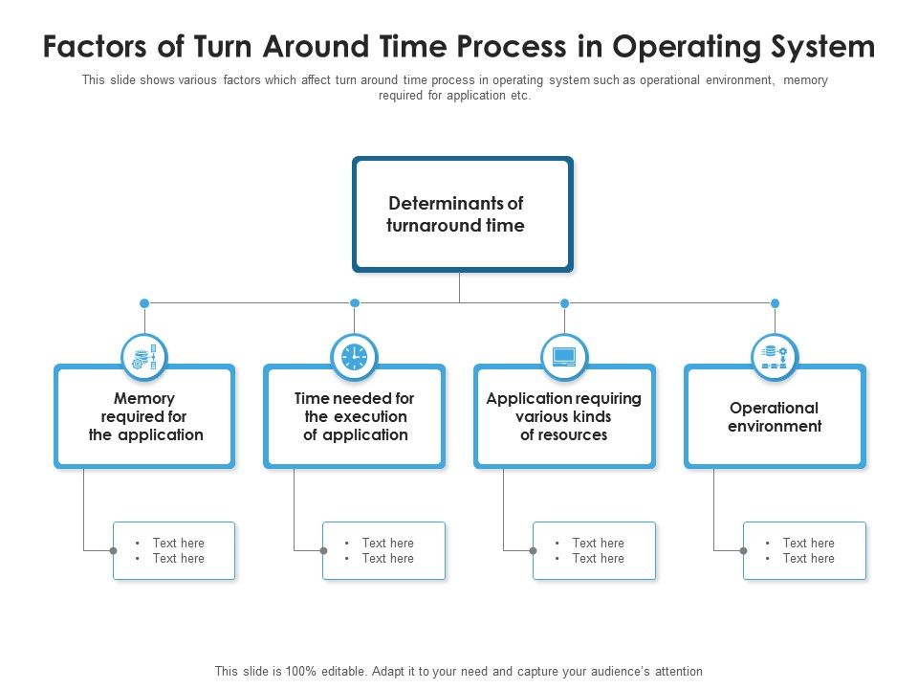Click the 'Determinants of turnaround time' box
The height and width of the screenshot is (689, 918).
[462, 214]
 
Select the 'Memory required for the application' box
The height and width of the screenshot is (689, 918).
[144, 416]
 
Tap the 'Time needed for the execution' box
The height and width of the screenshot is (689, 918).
[354, 416]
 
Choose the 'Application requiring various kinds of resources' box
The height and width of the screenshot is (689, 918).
[564, 416]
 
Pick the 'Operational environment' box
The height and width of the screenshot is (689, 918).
[775, 416]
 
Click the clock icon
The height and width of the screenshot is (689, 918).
[354, 357]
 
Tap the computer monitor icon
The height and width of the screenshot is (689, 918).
[564, 357]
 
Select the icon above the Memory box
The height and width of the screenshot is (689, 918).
[144, 357]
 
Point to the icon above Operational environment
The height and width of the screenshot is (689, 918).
[775, 357]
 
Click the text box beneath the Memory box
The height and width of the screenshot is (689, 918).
[174, 550]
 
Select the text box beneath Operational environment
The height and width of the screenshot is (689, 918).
[804, 550]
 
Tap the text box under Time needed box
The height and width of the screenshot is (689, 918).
[383, 550]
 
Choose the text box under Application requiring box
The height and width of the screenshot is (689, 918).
[594, 550]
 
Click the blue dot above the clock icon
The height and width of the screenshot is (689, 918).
[354, 303]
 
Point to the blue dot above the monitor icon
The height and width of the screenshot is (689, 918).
[564, 303]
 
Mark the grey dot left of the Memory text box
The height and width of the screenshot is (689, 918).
[113, 550]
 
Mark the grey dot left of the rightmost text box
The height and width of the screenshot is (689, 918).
[743, 550]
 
